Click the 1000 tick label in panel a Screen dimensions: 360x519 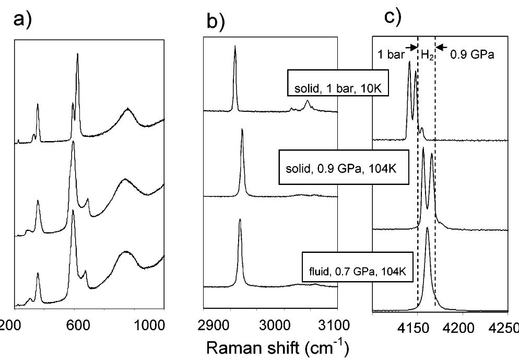click(148, 324)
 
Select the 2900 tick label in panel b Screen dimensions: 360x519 click(217, 324)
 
